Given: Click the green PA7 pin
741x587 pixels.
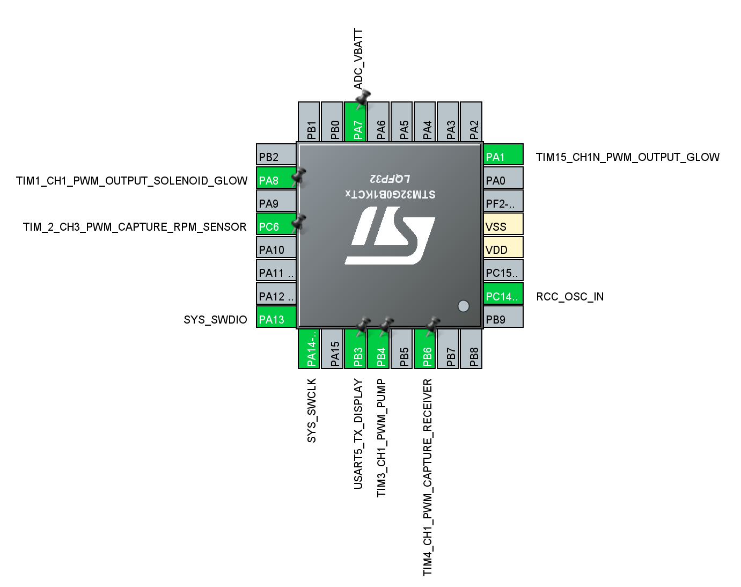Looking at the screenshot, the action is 355,121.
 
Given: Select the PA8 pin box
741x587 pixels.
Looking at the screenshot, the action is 276,178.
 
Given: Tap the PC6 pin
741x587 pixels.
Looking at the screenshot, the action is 276,224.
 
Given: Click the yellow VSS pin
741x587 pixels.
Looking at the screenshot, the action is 503,224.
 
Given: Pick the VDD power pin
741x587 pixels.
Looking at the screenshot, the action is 503,247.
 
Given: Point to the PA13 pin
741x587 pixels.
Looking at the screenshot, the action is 276,317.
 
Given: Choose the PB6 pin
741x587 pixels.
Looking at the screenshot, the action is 424,349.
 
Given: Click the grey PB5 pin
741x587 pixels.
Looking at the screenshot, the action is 401,349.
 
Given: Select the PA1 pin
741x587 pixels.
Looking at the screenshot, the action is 503,155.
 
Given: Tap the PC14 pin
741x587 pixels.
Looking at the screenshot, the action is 503,293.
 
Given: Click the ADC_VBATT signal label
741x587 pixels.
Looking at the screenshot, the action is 358,59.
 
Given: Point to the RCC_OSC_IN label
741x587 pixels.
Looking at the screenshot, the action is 570,297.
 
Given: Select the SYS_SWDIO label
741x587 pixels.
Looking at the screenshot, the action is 215,320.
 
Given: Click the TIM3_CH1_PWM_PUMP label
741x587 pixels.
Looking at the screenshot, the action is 381,438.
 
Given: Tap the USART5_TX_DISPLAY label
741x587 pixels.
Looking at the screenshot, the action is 358,434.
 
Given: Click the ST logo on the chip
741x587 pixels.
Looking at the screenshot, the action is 390,236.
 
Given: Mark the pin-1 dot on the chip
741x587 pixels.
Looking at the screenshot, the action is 464,306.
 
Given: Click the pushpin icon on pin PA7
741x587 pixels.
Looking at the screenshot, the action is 363,99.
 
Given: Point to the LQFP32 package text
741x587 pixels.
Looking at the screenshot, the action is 390,179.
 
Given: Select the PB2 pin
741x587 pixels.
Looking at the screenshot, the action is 276,155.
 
